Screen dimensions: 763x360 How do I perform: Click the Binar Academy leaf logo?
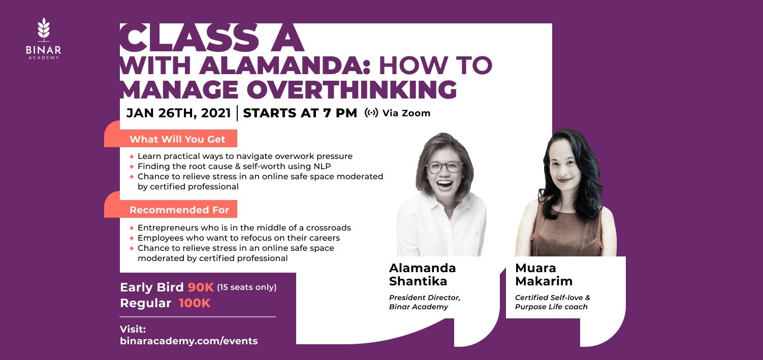pyautogui.click(x=44, y=29)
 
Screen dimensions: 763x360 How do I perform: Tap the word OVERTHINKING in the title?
pyautogui.click(x=352, y=89)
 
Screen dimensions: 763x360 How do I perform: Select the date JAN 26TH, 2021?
pyautogui.click(x=178, y=113)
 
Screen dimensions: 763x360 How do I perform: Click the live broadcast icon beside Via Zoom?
pyautogui.click(x=371, y=113)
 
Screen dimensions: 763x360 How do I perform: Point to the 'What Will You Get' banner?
pyautogui.click(x=177, y=139)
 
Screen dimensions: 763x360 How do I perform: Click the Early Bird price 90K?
pyautogui.click(x=201, y=287)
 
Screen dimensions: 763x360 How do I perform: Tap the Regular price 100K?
pyautogui.click(x=195, y=303)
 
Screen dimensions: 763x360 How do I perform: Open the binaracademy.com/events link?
pyautogui.click(x=188, y=341)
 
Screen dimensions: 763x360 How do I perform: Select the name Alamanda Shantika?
pyautogui.click(x=422, y=275)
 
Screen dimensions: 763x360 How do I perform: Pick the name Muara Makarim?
pyautogui.click(x=544, y=275)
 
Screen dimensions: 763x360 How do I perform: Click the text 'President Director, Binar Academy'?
pyautogui.click(x=424, y=302)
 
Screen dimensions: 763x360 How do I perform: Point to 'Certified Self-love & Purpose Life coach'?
pyautogui.click(x=553, y=302)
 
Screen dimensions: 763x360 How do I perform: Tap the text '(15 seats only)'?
pyautogui.click(x=246, y=287)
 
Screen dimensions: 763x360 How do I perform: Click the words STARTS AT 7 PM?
pyautogui.click(x=300, y=113)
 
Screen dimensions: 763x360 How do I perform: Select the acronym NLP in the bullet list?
pyautogui.click(x=322, y=166)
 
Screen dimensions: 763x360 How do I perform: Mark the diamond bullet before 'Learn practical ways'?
pyautogui.click(x=132, y=157)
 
